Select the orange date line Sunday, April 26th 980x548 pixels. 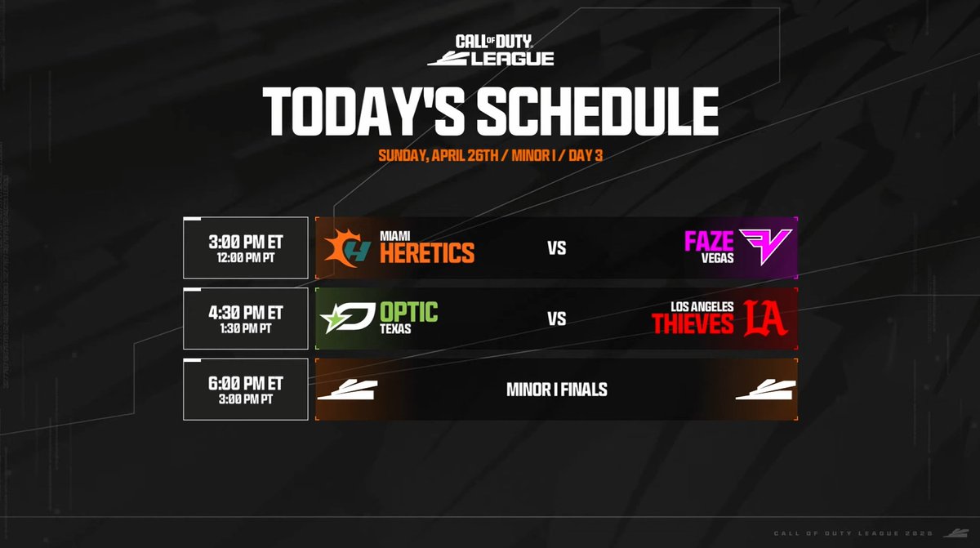(x=490, y=155)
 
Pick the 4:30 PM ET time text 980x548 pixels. (x=246, y=312)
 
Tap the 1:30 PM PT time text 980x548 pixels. (x=246, y=328)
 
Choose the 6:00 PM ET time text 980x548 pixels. (x=246, y=383)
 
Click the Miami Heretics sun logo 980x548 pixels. (x=348, y=247)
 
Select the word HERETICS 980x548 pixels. (x=427, y=253)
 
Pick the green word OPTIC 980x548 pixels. (x=408, y=312)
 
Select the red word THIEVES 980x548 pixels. (x=693, y=324)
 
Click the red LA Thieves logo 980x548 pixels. (x=764, y=319)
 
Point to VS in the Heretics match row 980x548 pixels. (x=557, y=248)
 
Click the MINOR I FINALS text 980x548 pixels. (x=557, y=390)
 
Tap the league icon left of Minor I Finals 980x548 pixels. (x=347, y=390)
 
